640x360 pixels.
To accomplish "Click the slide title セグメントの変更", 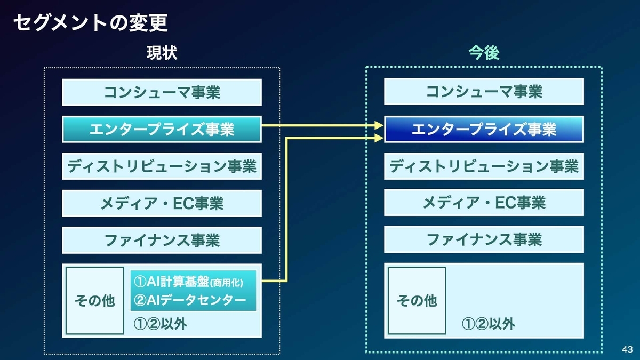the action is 90,23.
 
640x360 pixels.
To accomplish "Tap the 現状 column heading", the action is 162,53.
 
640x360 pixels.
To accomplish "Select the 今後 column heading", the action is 484,53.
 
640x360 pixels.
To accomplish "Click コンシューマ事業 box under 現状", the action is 162,92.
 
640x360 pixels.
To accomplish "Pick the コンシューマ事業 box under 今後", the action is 484,91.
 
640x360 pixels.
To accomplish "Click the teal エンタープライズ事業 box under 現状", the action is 162,129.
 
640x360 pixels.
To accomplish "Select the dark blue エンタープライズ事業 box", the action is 484,129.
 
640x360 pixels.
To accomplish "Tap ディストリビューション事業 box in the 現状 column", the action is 162,166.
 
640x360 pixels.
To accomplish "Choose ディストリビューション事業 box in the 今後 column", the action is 484,166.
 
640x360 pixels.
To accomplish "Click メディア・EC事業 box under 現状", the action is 162,203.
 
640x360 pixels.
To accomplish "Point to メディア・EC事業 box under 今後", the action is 484,202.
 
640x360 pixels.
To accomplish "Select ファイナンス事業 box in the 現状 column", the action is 162,241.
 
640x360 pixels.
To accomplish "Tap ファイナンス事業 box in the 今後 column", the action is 484,239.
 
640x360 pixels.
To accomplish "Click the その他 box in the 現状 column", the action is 94,301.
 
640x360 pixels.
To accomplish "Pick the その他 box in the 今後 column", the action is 417,301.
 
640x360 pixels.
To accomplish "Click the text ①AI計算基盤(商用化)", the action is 189,282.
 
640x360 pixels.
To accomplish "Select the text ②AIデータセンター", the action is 190,300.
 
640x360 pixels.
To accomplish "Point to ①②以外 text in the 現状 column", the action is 160,324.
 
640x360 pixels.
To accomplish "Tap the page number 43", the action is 627,349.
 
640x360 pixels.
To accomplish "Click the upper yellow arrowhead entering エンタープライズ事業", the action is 379,125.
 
